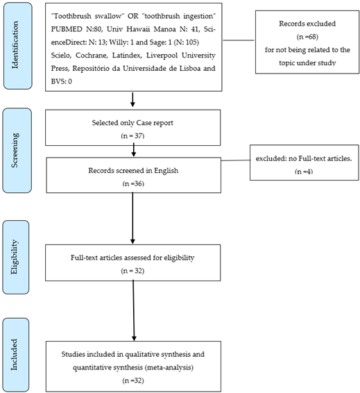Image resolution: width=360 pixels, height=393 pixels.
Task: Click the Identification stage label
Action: coord(15,45)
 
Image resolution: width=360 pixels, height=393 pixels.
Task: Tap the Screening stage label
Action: coord(15,150)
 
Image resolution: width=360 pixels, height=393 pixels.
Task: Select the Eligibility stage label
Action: coord(15,257)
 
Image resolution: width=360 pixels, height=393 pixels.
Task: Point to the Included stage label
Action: coord(15,354)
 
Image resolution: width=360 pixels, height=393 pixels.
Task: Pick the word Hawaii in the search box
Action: coord(139,29)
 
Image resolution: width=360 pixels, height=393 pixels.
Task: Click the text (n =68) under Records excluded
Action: coord(307,37)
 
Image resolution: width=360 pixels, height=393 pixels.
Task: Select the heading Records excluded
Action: coord(307,24)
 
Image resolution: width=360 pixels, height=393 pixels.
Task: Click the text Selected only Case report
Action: coord(132,123)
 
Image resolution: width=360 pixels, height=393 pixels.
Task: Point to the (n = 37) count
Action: coord(132,136)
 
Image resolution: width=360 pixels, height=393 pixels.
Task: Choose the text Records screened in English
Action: coord(133,171)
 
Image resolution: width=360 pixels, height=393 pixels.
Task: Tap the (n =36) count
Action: coord(133,184)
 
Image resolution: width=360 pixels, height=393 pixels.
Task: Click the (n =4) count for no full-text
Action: coord(304,172)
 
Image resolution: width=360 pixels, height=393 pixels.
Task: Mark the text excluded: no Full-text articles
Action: coord(304,158)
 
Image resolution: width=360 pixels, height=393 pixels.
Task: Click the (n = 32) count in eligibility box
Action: coord(132,271)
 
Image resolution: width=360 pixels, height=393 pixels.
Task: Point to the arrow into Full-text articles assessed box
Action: coord(132,218)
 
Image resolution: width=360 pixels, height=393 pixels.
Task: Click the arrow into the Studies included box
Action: coord(134,311)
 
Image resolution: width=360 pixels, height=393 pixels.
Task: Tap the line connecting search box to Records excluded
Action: coord(238,40)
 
